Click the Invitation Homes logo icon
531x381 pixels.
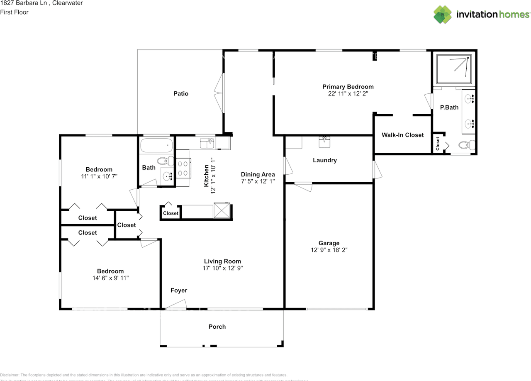point(443,14)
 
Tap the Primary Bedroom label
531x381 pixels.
point(348,87)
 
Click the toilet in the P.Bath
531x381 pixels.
point(467,145)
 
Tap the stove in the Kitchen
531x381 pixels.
point(183,169)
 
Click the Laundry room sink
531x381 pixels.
point(324,142)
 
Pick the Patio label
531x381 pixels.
point(181,94)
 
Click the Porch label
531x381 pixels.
point(217,327)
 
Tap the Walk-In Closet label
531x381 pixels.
point(403,135)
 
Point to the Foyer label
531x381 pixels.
point(179,291)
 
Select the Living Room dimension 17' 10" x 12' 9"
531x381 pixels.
point(222,268)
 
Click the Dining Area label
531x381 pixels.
point(258,174)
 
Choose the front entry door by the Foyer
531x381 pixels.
point(176,306)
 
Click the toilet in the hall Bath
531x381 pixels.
point(164,161)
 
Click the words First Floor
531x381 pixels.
point(15,12)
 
